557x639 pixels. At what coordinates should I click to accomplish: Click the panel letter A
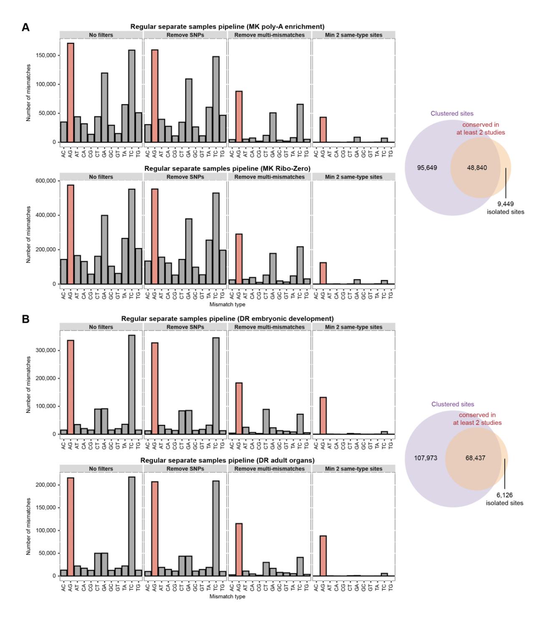(x=25, y=28)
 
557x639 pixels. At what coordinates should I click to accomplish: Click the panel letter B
(x=25, y=319)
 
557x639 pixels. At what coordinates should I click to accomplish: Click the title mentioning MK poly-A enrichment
(x=227, y=27)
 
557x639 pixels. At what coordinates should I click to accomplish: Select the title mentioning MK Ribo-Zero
(x=227, y=169)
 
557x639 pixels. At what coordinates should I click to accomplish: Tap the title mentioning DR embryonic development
(x=227, y=319)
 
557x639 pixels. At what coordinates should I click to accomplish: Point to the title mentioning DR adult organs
(x=227, y=460)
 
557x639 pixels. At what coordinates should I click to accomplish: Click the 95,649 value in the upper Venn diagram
(x=427, y=168)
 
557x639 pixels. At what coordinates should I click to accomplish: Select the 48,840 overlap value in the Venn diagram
(x=477, y=168)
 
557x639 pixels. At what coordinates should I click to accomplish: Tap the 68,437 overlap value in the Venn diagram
(x=476, y=458)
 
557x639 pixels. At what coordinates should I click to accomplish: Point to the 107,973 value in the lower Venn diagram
(x=425, y=458)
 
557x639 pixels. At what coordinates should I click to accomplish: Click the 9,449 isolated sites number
(x=505, y=204)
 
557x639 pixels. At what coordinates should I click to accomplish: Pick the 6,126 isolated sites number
(x=504, y=495)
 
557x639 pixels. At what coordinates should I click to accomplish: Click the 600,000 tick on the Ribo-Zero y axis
(x=46, y=181)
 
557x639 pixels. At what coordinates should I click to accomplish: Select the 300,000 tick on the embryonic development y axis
(x=46, y=350)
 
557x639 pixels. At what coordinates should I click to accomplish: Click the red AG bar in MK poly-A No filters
(x=70, y=92)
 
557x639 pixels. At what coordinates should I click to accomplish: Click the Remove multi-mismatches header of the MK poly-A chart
(x=269, y=35)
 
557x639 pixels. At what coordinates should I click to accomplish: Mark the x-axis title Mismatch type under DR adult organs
(x=227, y=596)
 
